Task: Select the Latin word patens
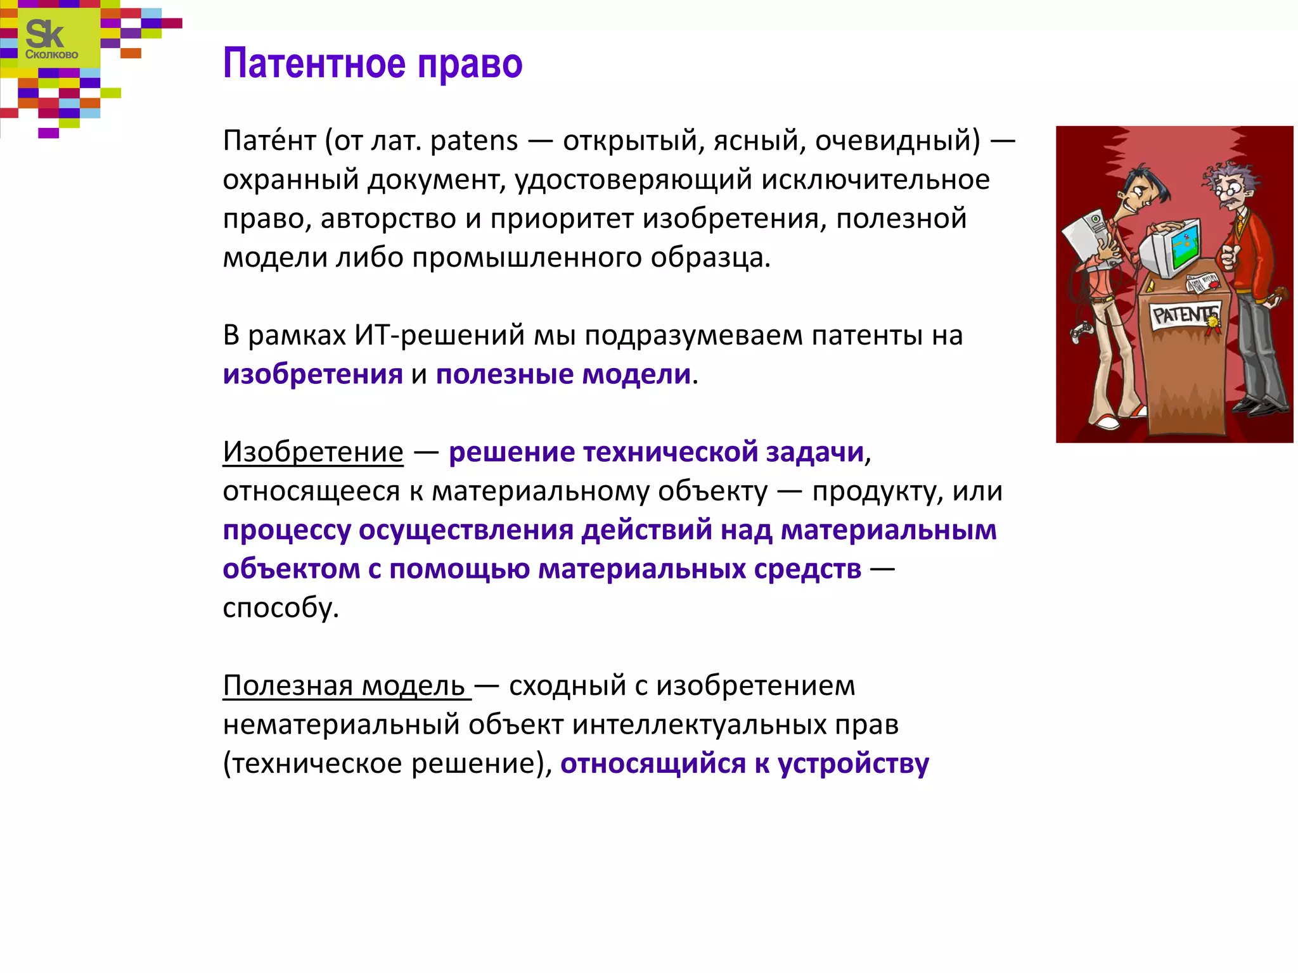473,141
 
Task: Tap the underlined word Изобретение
312,452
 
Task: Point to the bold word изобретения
312,374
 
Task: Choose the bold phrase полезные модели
563,374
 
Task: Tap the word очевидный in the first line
897,141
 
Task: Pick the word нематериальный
340,725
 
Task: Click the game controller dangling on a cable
1079,332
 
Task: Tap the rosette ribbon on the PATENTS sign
1212,322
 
